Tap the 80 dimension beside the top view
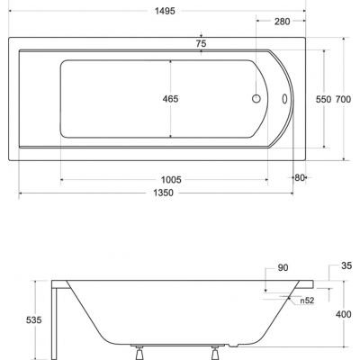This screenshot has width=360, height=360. (301, 177)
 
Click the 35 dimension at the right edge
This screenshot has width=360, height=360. (345, 266)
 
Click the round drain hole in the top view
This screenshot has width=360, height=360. (256, 100)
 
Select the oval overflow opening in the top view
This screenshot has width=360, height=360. (287, 101)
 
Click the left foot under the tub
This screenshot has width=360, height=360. (139, 350)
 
